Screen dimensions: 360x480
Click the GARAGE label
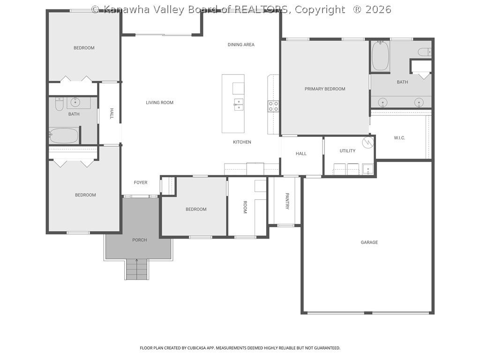[x=369, y=242]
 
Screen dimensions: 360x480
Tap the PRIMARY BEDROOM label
[x=325, y=89]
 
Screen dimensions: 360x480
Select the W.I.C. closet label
[x=399, y=138]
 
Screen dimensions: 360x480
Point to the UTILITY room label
[x=347, y=151]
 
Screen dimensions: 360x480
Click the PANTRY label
[x=287, y=201]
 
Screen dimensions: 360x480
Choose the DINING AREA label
[x=241, y=45]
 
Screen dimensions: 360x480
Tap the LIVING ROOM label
[x=159, y=103]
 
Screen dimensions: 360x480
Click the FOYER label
[x=141, y=183]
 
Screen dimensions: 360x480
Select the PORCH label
[x=139, y=240]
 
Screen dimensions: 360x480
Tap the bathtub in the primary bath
[x=380, y=57]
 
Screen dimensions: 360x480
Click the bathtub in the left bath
[x=64, y=136]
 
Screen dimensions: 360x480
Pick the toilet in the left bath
[x=59, y=105]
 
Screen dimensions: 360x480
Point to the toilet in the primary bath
[x=424, y=52]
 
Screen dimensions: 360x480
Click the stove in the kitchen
[x=273, y=106]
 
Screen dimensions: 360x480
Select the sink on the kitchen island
[x=239, y=104]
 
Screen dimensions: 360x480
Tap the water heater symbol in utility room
[x=368, y=141]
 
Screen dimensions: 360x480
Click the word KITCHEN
[x=242, y=142]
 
